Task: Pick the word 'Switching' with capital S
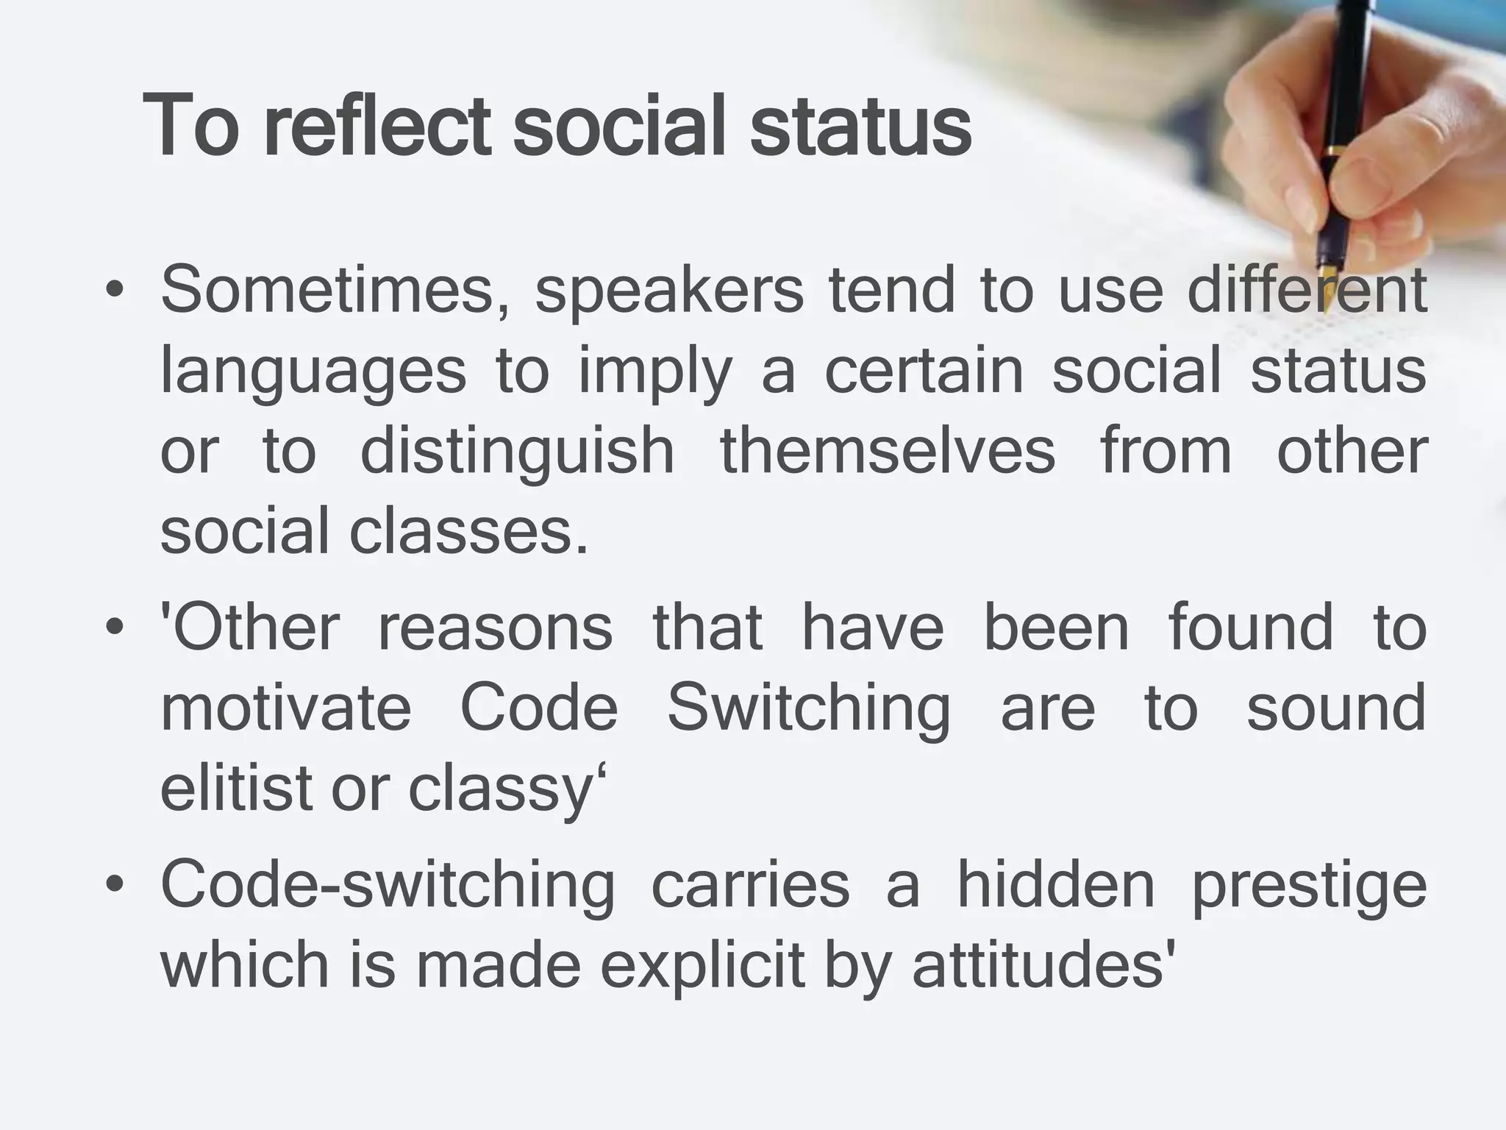coord(808,708)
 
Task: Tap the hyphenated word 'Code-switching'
coord(387,886)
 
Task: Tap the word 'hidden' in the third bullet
coord(1056,885)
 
